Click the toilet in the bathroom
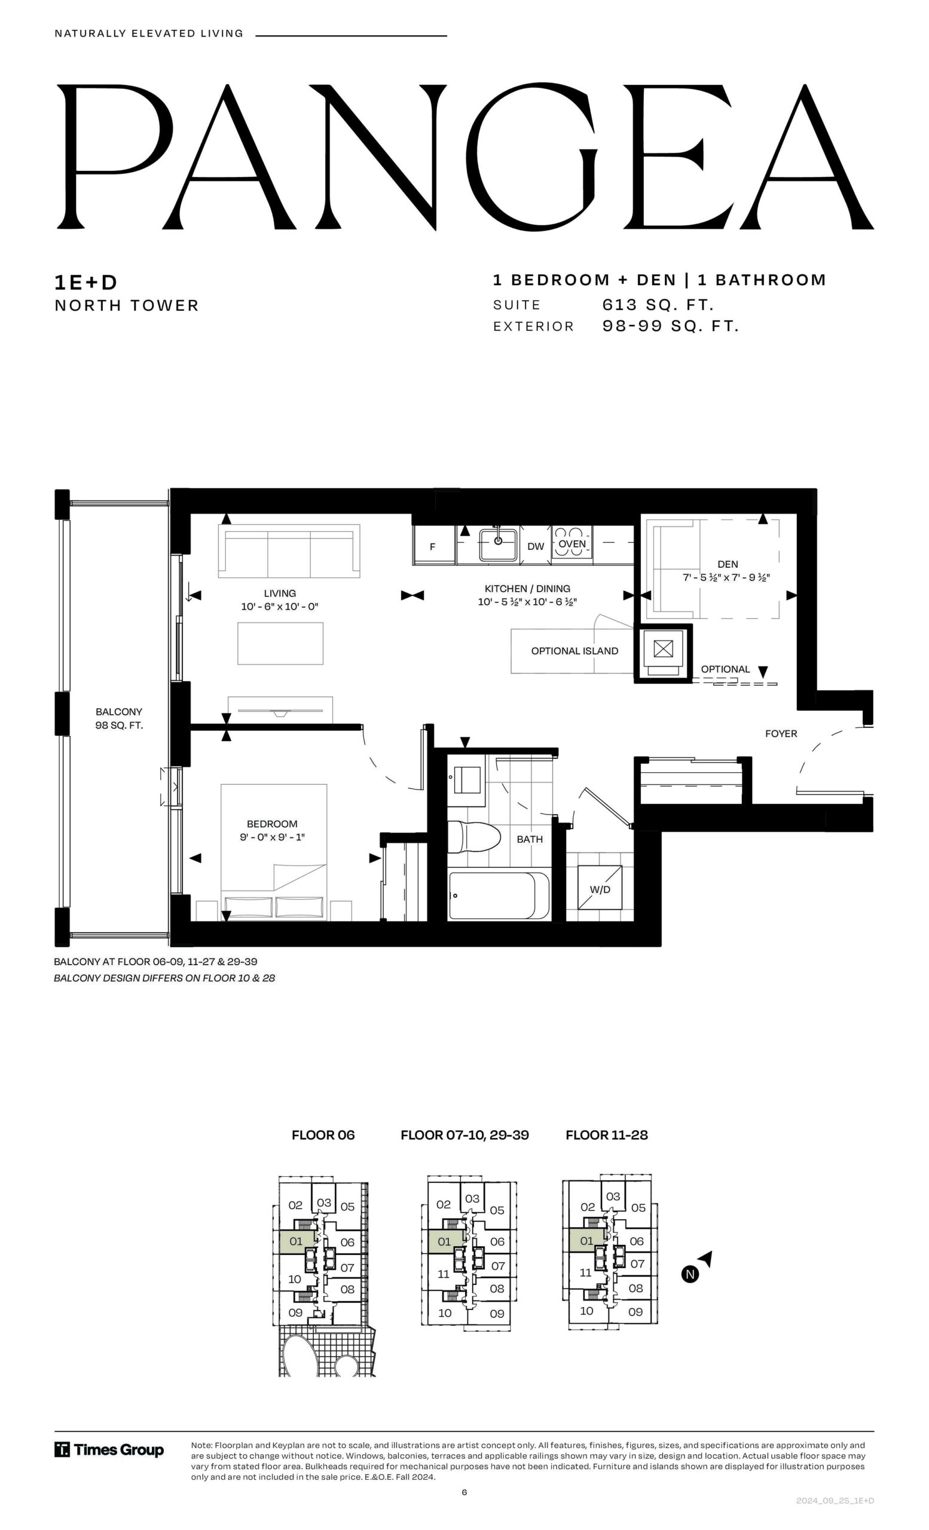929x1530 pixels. [474, 836]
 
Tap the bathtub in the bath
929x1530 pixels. [499, 895]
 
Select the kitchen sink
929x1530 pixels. [498, 544]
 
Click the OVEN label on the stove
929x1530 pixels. [572, 544]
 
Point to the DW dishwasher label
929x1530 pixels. [535, 546]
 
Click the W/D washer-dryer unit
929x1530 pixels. [600, 889]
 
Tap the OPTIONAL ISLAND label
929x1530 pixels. [574, 651]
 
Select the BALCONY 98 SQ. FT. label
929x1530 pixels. [118, 718]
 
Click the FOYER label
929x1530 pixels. [781, 733]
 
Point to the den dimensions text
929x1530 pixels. [726, 577]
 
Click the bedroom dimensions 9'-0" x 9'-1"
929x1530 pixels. [272, 837]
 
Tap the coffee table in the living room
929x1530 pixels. [280, 643]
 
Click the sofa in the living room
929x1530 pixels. [289, 552]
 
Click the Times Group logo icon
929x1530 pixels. [62, 1450]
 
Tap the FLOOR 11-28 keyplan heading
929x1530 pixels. [606, 1135]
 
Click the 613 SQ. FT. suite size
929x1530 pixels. [658, 305]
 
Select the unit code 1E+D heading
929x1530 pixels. [85, 283]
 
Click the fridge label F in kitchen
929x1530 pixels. [432, 547]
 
